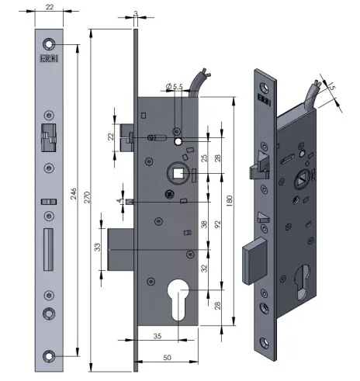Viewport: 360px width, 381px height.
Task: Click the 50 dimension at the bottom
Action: tap(167, 357)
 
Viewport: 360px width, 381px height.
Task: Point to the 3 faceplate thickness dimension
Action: tap(135, 14)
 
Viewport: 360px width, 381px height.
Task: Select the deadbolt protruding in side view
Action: tap(119, 248)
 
